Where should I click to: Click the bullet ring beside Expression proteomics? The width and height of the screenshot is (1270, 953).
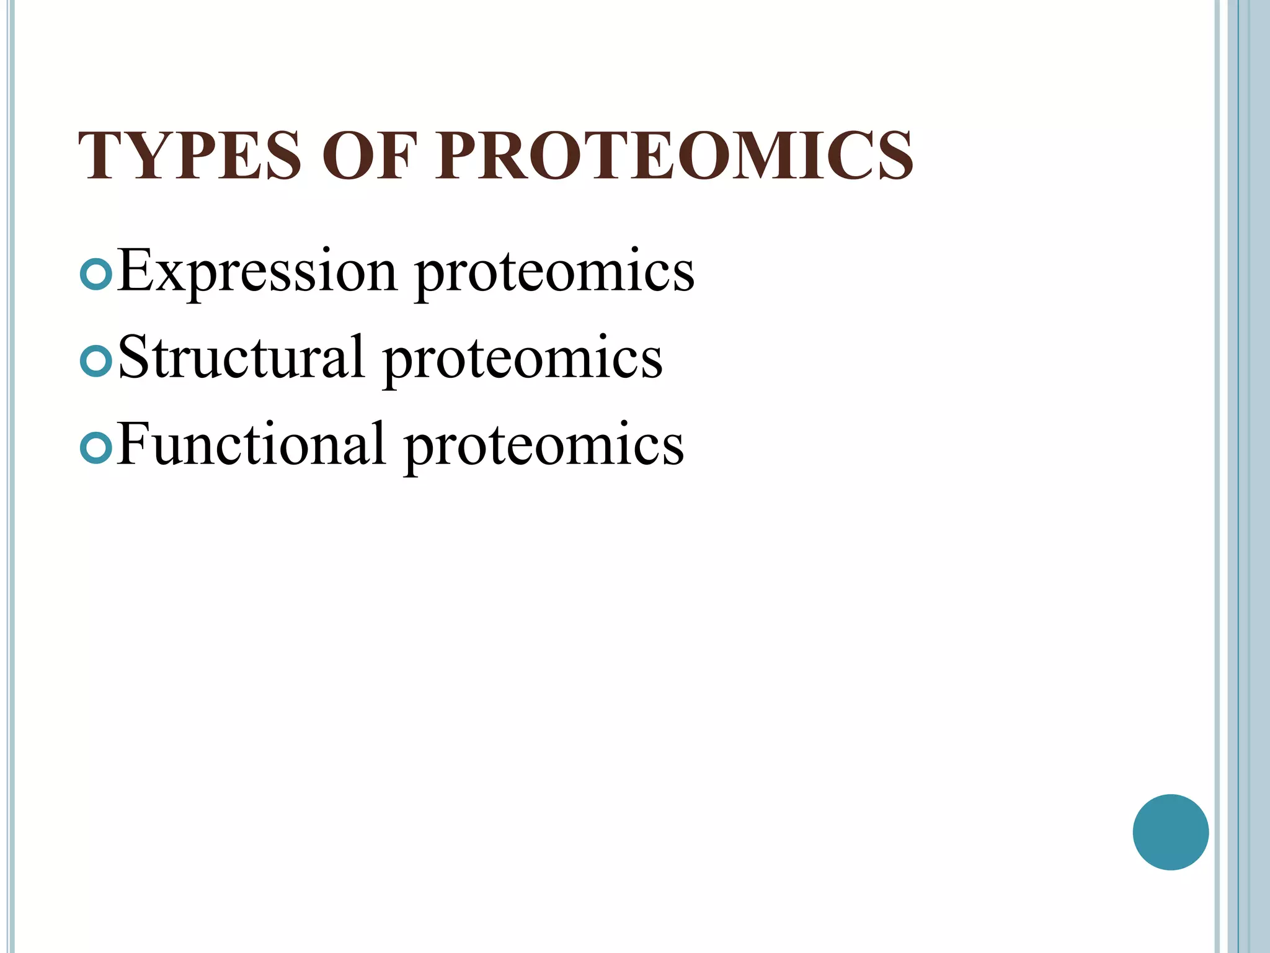coord(96,273)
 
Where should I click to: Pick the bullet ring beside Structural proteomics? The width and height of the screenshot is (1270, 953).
coord(96,360)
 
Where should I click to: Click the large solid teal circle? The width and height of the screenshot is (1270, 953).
coord(1170,832)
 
